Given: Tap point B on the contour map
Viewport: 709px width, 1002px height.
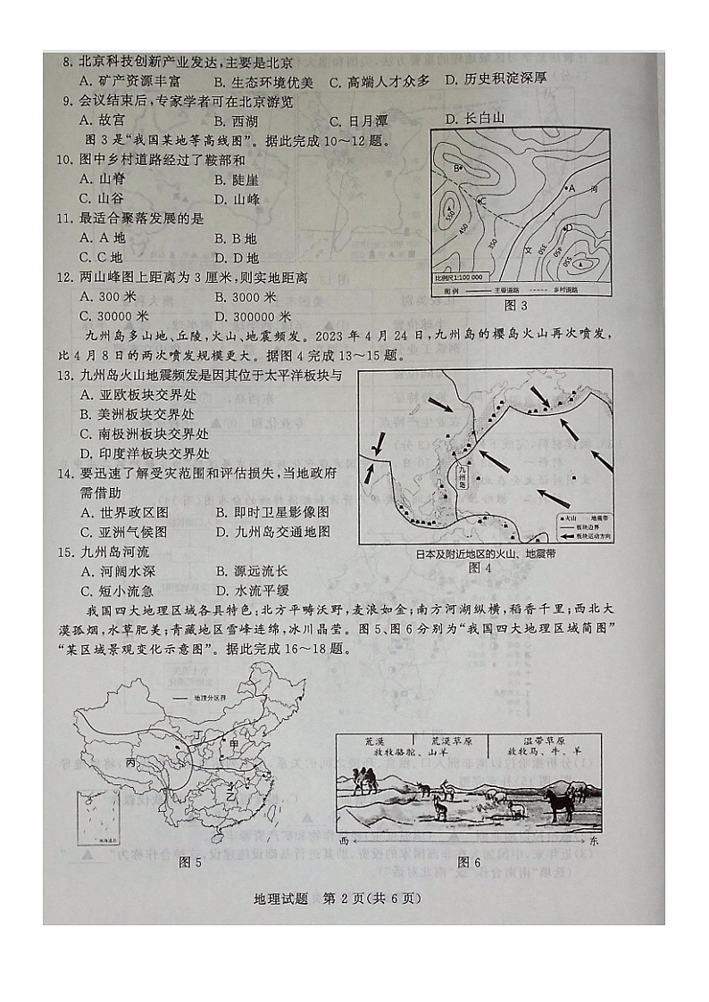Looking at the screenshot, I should click(x=457, y=168).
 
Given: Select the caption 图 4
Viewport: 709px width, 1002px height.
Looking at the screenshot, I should click(x=480, y=567).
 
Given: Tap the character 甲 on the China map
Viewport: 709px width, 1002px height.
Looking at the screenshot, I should click(x=234, y=745).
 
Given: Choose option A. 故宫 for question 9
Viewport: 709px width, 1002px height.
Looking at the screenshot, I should click(x=101, y=120).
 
